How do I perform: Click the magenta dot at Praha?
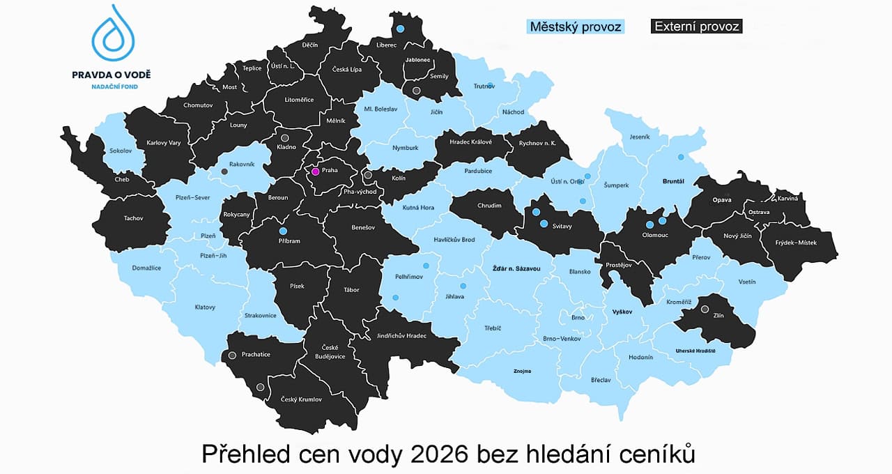click(x=315, y=171)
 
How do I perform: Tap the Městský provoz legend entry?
click(x=575, y=27)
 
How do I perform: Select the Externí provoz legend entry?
click(x=696, y=27)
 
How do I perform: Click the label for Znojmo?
click(x=523, y=372)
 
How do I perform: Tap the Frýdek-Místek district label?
click(x=797, y=243)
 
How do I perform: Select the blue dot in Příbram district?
click(x=283, y=231)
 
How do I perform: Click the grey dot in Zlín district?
click(x=705, y=309)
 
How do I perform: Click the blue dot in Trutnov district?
click(x=491, y=85)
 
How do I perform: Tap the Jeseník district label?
click(x=640, y=137)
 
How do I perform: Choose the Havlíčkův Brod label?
click(x=455, y=240)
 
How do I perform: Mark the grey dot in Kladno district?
click(x=284, y=138)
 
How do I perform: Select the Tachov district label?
click(x=133, y=218)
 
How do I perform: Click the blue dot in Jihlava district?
click(x=463, y=286)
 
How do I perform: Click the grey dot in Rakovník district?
click(x=224, y=171)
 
